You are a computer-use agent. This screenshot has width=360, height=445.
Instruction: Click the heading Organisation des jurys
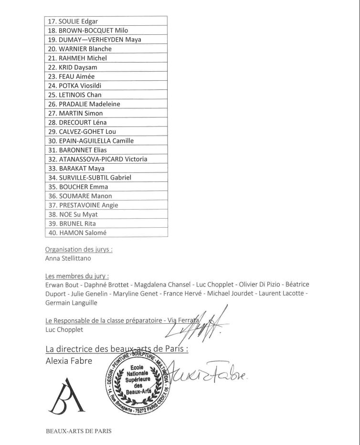pos(79,249)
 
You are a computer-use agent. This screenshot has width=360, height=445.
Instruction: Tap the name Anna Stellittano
pos(68,258)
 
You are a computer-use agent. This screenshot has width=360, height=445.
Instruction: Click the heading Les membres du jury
pos(76,275)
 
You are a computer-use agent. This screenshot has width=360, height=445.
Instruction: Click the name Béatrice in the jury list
pos(296,285)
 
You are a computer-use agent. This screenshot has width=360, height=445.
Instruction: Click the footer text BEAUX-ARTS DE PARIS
pos(78,431)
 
